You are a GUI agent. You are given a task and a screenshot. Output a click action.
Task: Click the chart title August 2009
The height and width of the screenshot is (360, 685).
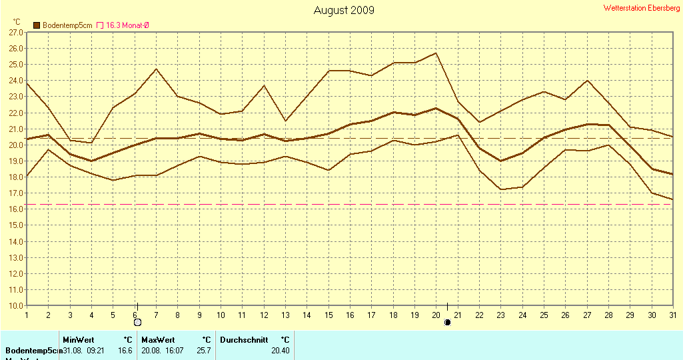click(344, 10)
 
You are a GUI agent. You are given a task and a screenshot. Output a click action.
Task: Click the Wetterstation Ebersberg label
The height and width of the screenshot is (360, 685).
click(642, 8)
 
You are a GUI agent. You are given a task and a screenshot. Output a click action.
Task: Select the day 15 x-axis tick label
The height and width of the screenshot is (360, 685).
click(329, 315)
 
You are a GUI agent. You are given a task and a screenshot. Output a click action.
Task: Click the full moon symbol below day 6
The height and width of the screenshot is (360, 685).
click(137, 323)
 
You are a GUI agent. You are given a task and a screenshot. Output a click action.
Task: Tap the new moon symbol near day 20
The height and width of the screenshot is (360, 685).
click(448, 323)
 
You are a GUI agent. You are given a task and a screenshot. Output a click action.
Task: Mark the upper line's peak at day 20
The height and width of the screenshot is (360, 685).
click(436, 53)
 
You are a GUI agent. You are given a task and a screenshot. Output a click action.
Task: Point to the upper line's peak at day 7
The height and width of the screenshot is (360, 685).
click(156, 69)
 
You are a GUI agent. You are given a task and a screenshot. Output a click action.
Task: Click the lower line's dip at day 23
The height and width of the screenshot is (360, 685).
click(501, 189)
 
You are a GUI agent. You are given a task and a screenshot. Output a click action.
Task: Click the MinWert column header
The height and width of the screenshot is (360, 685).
click(79, 340)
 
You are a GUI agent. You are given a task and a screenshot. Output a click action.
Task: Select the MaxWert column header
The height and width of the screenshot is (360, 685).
click(157, 340)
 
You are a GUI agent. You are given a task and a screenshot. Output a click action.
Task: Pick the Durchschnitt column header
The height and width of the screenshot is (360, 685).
click(244, 340)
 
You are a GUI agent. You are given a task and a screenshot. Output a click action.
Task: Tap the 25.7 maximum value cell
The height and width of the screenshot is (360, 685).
click(204, 351)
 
